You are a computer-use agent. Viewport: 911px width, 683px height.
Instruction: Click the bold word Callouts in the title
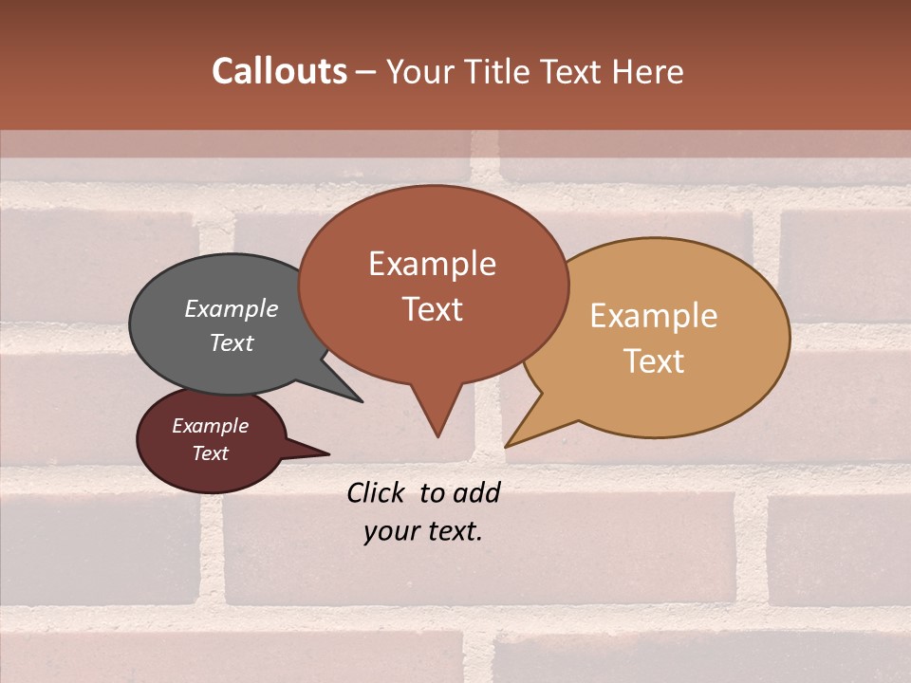(x=279, y=71)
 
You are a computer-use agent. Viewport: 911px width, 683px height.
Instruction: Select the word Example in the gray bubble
(x=232, y=308)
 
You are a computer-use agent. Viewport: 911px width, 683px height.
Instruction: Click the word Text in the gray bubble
(x=232, y=342)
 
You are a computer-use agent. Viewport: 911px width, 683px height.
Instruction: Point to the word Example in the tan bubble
(x=654, y=316)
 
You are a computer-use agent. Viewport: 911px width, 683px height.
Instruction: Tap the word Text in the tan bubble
(x=654, y=361)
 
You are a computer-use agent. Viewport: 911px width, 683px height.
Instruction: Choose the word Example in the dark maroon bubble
(x=210, y=426)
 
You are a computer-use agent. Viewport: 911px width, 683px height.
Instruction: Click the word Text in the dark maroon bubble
(x=210, y=453)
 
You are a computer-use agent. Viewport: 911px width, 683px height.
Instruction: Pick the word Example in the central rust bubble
(x=432, y=264)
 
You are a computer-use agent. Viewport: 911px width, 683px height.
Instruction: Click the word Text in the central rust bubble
(x=432, y=309)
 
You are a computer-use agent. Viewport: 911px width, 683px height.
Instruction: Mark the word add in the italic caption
(x=475, y=492)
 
